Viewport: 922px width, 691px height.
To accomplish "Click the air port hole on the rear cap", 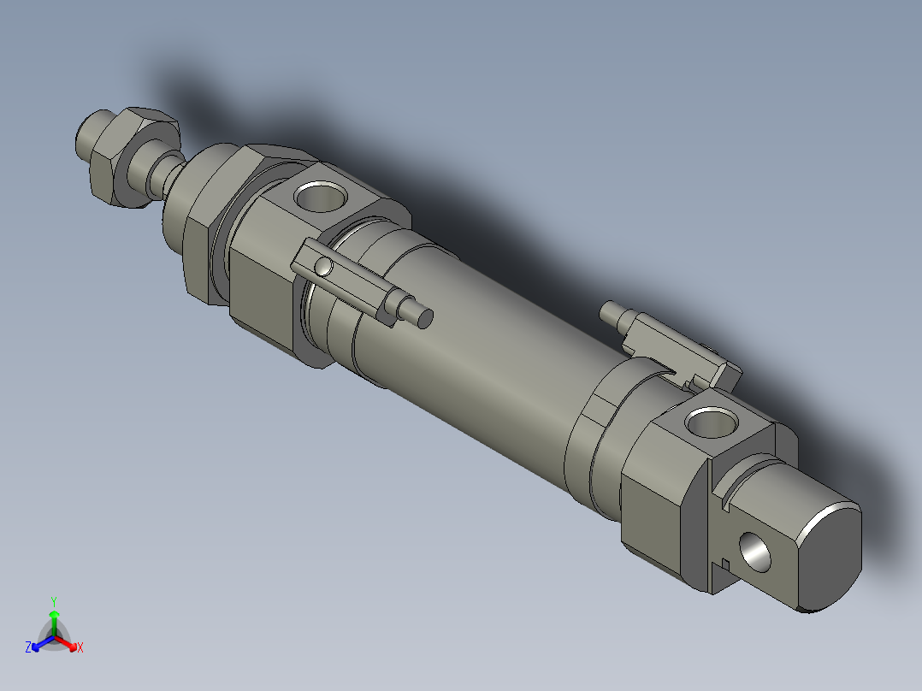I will click(712, 422).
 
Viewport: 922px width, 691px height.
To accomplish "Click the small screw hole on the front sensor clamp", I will click(322, 267).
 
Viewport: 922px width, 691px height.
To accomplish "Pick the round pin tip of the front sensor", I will click(423, 318).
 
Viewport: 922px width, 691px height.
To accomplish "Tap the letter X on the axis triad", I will click(80, 648).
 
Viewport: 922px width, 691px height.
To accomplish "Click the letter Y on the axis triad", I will click(54, 600).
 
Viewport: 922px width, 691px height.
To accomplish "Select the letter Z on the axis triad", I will click(28, 647).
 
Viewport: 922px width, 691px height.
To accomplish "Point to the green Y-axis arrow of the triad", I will click(54, 619).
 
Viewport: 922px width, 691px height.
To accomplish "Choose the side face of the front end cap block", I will click(261, 295).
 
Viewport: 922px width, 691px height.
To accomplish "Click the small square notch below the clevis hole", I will click(724, 563).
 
